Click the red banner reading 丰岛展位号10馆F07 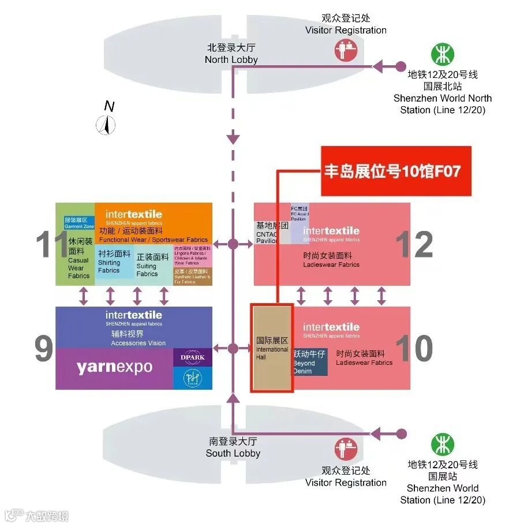(x=396, y=171)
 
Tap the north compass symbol (x=106, y=124)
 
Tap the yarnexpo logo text (x=114, y=368)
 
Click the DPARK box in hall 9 (x=193, y=357)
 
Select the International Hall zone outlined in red (x=272, y=349)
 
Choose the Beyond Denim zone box (x=310, y=361)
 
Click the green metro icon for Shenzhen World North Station (x=443, y=55)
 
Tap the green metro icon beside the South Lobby (x=443, y=444)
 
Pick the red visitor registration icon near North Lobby (x=347, y=49)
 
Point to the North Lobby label (x=231, y=54)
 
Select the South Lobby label (x=233, y=447)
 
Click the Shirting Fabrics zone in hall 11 (x=114, y=262)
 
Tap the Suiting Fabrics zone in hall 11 (x=152, y=266)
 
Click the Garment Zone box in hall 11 (x=79, y=223)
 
